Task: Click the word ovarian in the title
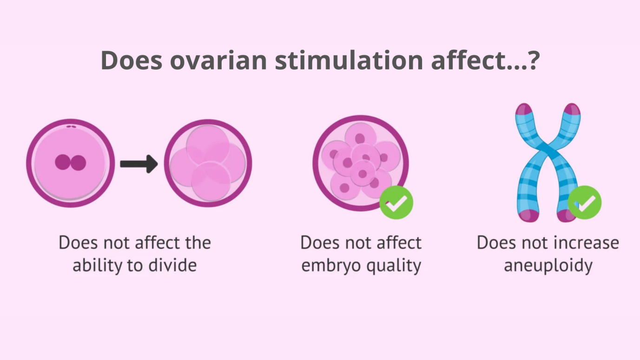click(x=218, y=60)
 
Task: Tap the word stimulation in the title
click(x=349, y=60)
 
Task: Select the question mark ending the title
click(x=534, y=60)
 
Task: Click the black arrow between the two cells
click(x=139, y=164)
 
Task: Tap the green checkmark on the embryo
click(x=396, y=203)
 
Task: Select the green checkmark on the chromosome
click(x=585, y=203)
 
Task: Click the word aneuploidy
click(x=548, y=266)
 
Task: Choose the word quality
click(x=394, y=266)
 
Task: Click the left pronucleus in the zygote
click(x=63, y=162)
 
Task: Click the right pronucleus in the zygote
click(x=78, y=163)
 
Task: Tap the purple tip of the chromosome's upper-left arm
click(x=524, y=109)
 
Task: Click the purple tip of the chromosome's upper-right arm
click(x=572, y=109)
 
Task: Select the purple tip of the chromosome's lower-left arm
click(x=529, y=216)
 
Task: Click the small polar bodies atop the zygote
click(x=71, y=126)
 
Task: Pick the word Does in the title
click(x=132, y=60)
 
